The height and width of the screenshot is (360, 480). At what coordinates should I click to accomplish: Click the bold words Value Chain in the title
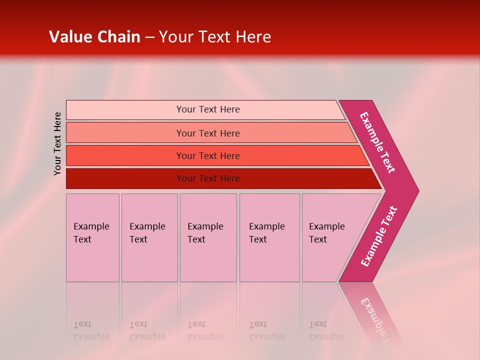[x=94, y=37]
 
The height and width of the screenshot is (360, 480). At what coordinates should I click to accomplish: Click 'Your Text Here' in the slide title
[x=214, y=37]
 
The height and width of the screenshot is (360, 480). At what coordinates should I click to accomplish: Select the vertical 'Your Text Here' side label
[x=58, y=143]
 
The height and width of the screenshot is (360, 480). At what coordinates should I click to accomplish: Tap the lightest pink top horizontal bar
[x=125, y=110]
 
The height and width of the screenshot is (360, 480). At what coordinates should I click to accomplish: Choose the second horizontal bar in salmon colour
[x=125, y=133]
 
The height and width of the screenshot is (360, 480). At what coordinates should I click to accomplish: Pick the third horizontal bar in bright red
[x=125, y=155]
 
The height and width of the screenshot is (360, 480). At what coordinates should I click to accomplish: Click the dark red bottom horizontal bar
[x=125, y=178]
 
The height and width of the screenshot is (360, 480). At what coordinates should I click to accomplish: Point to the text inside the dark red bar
[x=208, y=178]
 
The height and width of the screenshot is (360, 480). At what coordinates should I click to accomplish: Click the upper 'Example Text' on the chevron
[x=377, y=142]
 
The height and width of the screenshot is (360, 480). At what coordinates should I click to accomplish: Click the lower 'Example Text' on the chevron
[x=379, y=236]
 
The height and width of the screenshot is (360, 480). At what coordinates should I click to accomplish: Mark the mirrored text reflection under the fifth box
[x=326, y=331]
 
